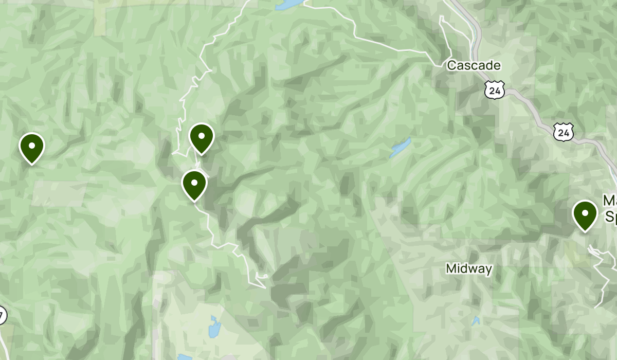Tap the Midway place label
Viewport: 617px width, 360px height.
469,268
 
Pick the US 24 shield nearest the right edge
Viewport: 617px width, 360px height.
564,133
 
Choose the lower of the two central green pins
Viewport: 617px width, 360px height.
194,184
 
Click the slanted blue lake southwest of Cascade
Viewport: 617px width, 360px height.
400,148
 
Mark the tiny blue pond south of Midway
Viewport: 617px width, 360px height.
476,321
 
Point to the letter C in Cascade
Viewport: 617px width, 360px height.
451,65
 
